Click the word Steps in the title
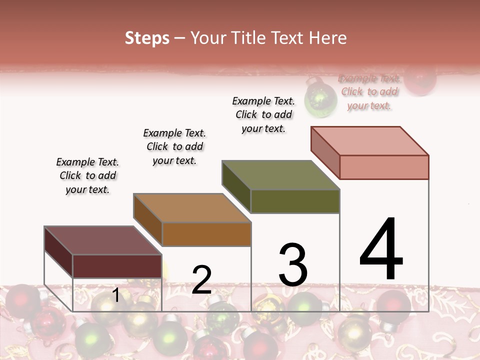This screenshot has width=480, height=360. coord(147,38)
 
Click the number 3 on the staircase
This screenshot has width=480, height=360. coord(292,265)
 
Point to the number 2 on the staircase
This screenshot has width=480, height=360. coord(201,280)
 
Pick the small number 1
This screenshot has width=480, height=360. coord(116,295)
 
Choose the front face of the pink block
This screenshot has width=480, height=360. coord(384,167)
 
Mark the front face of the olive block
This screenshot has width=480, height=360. coord(295,201)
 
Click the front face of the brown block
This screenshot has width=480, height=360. coord(206,234)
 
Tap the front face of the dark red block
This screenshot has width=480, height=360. coord(117,266)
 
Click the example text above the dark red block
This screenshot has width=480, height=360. coord(87,175)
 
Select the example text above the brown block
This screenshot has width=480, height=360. coord(174,146)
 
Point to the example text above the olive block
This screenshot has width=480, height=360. coord(263,114)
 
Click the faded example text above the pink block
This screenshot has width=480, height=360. coord(369,91)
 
